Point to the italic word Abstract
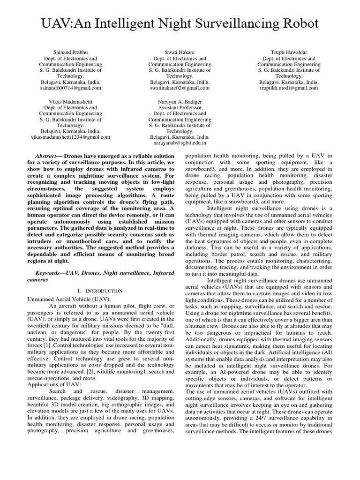coord(45,156)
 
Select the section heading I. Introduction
coord(101,291)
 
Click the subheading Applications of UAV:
coord(55,384)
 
